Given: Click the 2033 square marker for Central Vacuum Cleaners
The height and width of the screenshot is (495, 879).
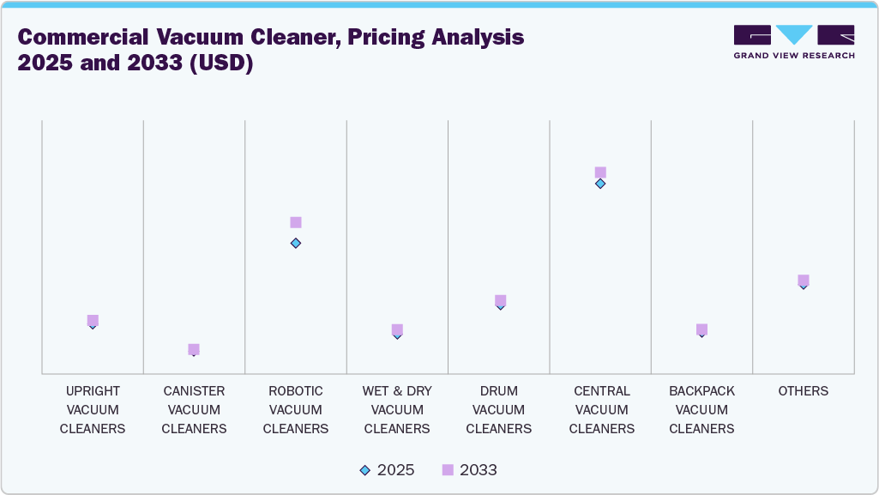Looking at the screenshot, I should point(600,172).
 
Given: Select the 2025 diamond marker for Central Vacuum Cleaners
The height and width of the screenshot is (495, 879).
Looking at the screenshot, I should point(600,184).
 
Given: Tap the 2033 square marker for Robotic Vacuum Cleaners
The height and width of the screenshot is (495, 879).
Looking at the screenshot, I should point(296,222).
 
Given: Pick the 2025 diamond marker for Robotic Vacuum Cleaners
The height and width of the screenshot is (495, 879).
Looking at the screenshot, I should point(296,243).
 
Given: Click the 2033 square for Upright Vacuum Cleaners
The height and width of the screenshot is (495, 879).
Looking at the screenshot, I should point(93,320).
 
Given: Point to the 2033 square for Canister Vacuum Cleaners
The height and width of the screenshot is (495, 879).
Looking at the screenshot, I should point(194,349).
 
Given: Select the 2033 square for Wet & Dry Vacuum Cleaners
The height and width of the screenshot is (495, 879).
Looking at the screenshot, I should point(397,329).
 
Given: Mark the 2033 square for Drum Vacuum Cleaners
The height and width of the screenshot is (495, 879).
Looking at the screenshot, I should point(500,300).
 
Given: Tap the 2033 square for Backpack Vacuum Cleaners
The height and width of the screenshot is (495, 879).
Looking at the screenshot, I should point(701,329).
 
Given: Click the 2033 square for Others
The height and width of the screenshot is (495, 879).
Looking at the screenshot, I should point(804,281).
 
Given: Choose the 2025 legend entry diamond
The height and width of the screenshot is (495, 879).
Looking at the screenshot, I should point(365,470).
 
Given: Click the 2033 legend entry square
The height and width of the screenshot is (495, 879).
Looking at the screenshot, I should point(448,470).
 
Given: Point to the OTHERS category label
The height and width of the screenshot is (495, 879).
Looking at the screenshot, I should point(804,391).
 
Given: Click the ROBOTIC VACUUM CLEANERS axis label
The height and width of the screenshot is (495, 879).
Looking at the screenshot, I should point(296,410).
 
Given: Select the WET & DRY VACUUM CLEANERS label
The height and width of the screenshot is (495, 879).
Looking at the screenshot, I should point(397,410).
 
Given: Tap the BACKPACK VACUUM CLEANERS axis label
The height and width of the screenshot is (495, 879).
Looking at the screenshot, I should point(701,410).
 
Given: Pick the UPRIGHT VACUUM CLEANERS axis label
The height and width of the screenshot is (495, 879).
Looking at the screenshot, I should point(93,410).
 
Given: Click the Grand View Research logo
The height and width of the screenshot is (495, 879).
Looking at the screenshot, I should point(793,42).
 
